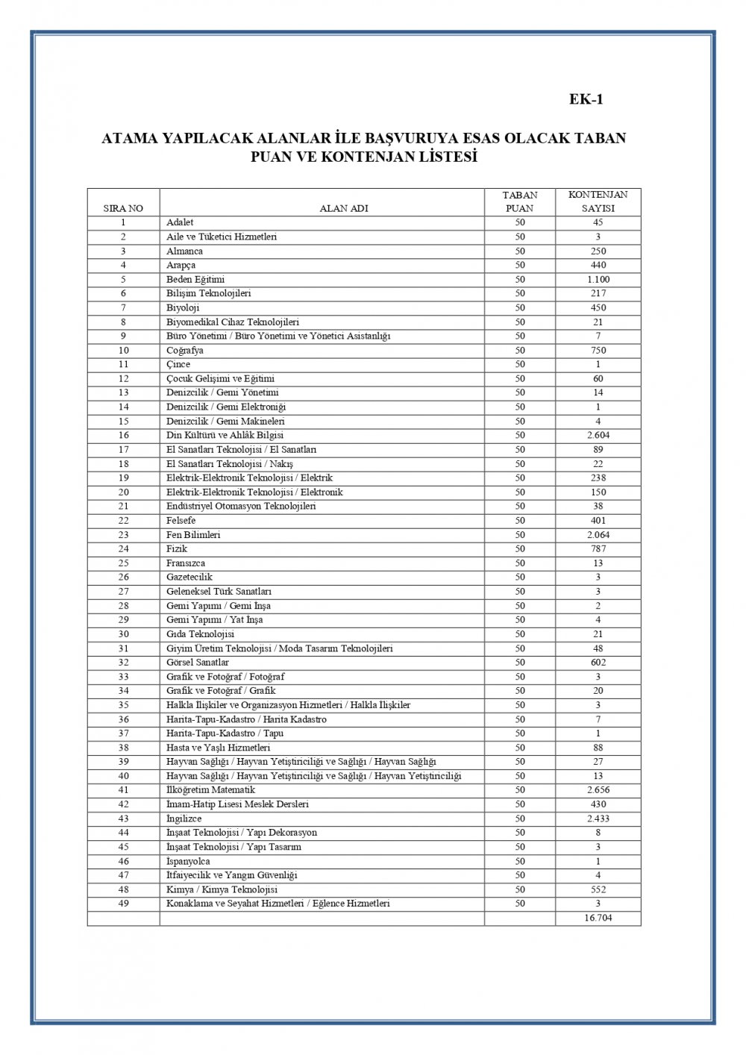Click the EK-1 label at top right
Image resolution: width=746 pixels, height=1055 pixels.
[586, 100]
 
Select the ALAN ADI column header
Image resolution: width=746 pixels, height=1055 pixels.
[344, 209]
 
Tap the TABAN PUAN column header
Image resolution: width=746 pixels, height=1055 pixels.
[519, 201]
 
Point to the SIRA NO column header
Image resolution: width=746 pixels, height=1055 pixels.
[123, 209]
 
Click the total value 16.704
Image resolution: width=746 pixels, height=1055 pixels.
[598, 918]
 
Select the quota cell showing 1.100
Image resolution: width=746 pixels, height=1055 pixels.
[598, 279]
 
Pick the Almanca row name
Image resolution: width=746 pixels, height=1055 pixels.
[184, 251]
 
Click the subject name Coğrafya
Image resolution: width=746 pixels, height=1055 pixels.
[185, 350]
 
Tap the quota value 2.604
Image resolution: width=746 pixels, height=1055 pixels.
[598, 435]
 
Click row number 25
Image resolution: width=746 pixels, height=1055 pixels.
[123, 563]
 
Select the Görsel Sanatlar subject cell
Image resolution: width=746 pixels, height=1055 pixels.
[198, 662]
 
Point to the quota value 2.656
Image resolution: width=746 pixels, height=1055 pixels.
[598, 789]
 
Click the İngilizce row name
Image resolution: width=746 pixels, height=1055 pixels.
[184, 818]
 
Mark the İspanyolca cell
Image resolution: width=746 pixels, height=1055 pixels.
[188, 861]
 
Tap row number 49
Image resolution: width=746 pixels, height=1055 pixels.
[123, 904]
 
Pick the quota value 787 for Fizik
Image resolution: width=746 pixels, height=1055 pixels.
[598, 548]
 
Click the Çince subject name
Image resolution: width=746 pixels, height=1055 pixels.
[178, 364]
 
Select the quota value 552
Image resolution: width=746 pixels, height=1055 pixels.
[598, 889]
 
